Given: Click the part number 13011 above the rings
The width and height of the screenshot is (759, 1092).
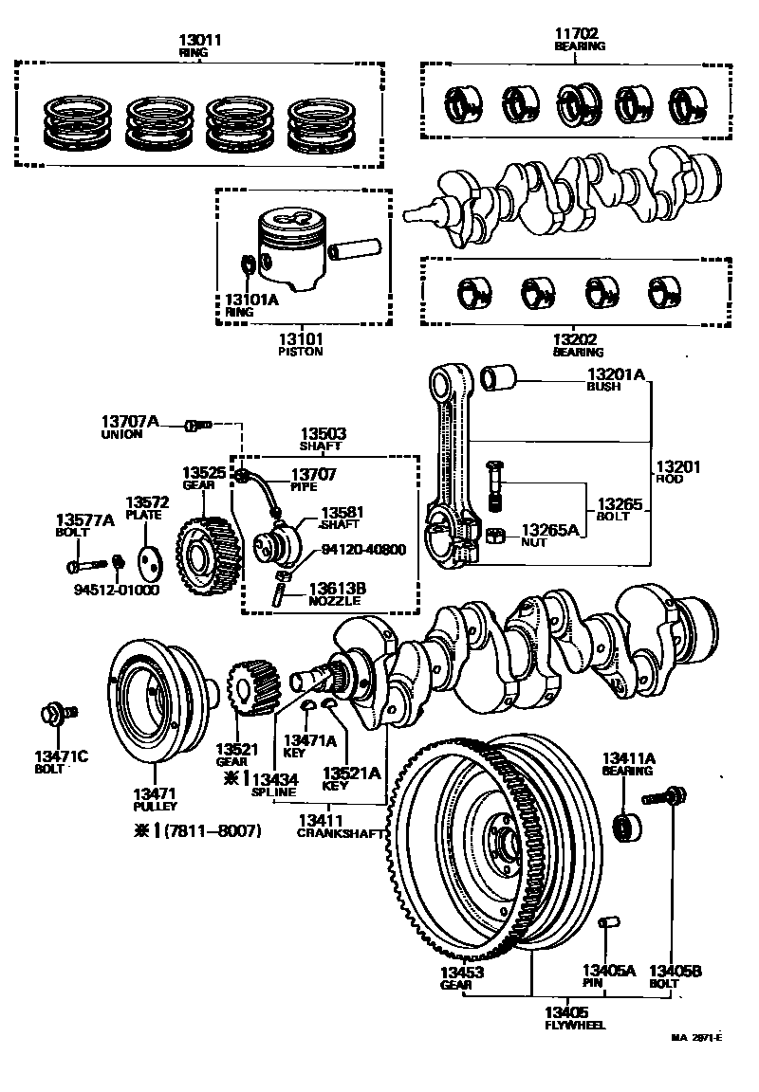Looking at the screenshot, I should click(199, 40).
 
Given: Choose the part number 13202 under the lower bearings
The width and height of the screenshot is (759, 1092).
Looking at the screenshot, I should click(578, 338).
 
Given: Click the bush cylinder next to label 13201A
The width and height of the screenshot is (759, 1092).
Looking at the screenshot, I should click(501, 378).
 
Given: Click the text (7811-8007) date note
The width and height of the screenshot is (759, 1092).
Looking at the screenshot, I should click(210, 830).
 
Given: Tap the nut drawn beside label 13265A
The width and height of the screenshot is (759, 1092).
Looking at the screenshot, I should click(494, 537).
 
